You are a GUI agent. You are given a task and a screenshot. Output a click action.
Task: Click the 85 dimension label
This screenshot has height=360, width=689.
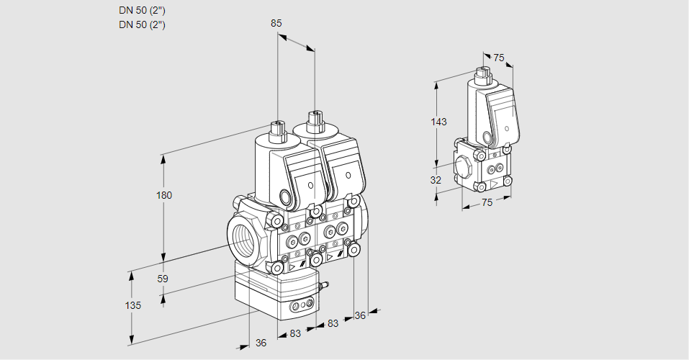coord(276,23)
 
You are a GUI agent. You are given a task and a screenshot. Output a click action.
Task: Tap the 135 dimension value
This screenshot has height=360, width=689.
coord(133,305)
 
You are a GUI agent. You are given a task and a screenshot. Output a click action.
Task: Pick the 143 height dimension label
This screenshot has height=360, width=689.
coord(438,122)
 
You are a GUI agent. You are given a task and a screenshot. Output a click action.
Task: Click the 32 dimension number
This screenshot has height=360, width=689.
coord(436,180)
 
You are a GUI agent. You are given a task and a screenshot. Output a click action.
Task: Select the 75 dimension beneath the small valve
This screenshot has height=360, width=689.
coord(487,203)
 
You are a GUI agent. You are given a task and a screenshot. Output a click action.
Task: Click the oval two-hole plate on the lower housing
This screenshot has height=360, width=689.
coord(301,307)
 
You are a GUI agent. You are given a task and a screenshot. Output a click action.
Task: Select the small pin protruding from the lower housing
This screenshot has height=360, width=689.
coord(323,287)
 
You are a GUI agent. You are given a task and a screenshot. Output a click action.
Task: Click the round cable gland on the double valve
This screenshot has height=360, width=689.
coord(286,197)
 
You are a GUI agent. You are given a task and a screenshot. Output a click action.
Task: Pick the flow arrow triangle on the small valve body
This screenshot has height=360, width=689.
coord(494,183)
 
